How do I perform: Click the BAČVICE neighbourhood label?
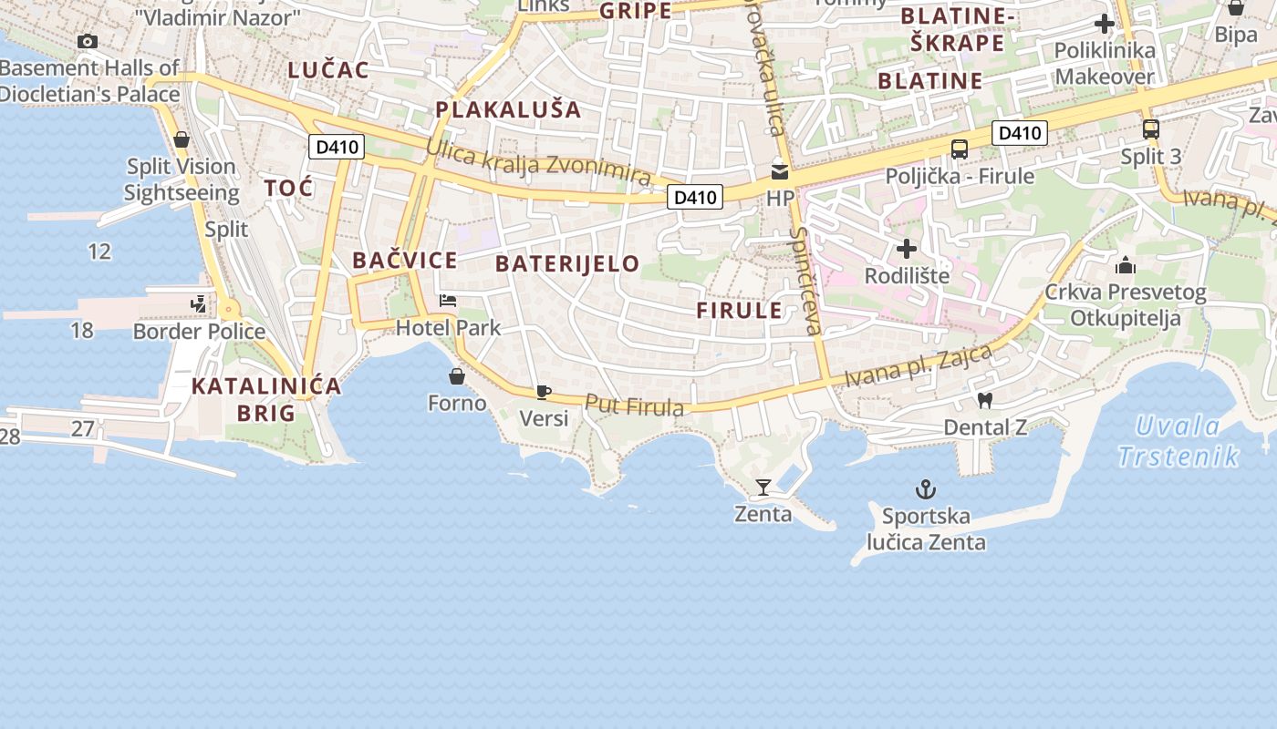point(405,261)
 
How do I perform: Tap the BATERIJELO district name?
point(567,264)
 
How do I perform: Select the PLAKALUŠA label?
point(508,109)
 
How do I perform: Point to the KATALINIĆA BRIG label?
point(266,399)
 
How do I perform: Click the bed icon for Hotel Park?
point(448,300)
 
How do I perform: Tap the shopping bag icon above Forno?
point(457,375)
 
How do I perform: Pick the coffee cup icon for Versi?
point(544,392)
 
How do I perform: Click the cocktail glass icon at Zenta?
point(763,488)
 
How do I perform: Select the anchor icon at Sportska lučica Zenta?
point(926,490)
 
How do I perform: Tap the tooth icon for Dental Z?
point(984,399)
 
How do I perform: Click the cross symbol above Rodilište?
point(907,248)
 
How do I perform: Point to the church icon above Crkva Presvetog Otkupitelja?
point(1126,265)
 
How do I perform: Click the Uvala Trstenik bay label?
point(1178,441)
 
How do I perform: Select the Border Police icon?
point(198,304)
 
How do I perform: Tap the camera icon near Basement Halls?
point(88,41)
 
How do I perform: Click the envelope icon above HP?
point(780,171)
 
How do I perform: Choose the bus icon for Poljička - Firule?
point(960,149)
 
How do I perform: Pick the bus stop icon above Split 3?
point(1151,129)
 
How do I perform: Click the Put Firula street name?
point(634,406)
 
